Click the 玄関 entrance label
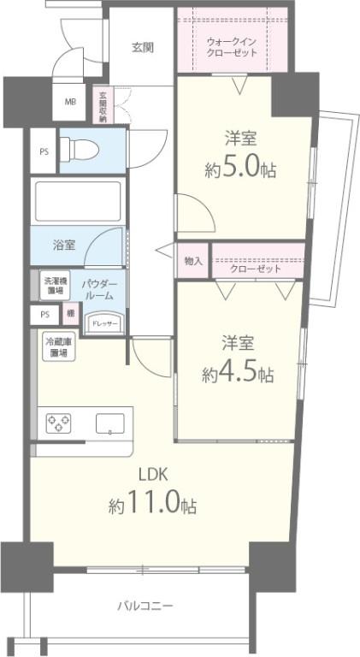point(142,47)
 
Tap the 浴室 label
point(64,245)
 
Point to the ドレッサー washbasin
point(106,322)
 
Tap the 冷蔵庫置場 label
point(57,346)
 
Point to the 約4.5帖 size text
point(238,374)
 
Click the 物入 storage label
point(192,261)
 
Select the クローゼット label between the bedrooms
point(256,269)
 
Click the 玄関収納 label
point(103,107)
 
